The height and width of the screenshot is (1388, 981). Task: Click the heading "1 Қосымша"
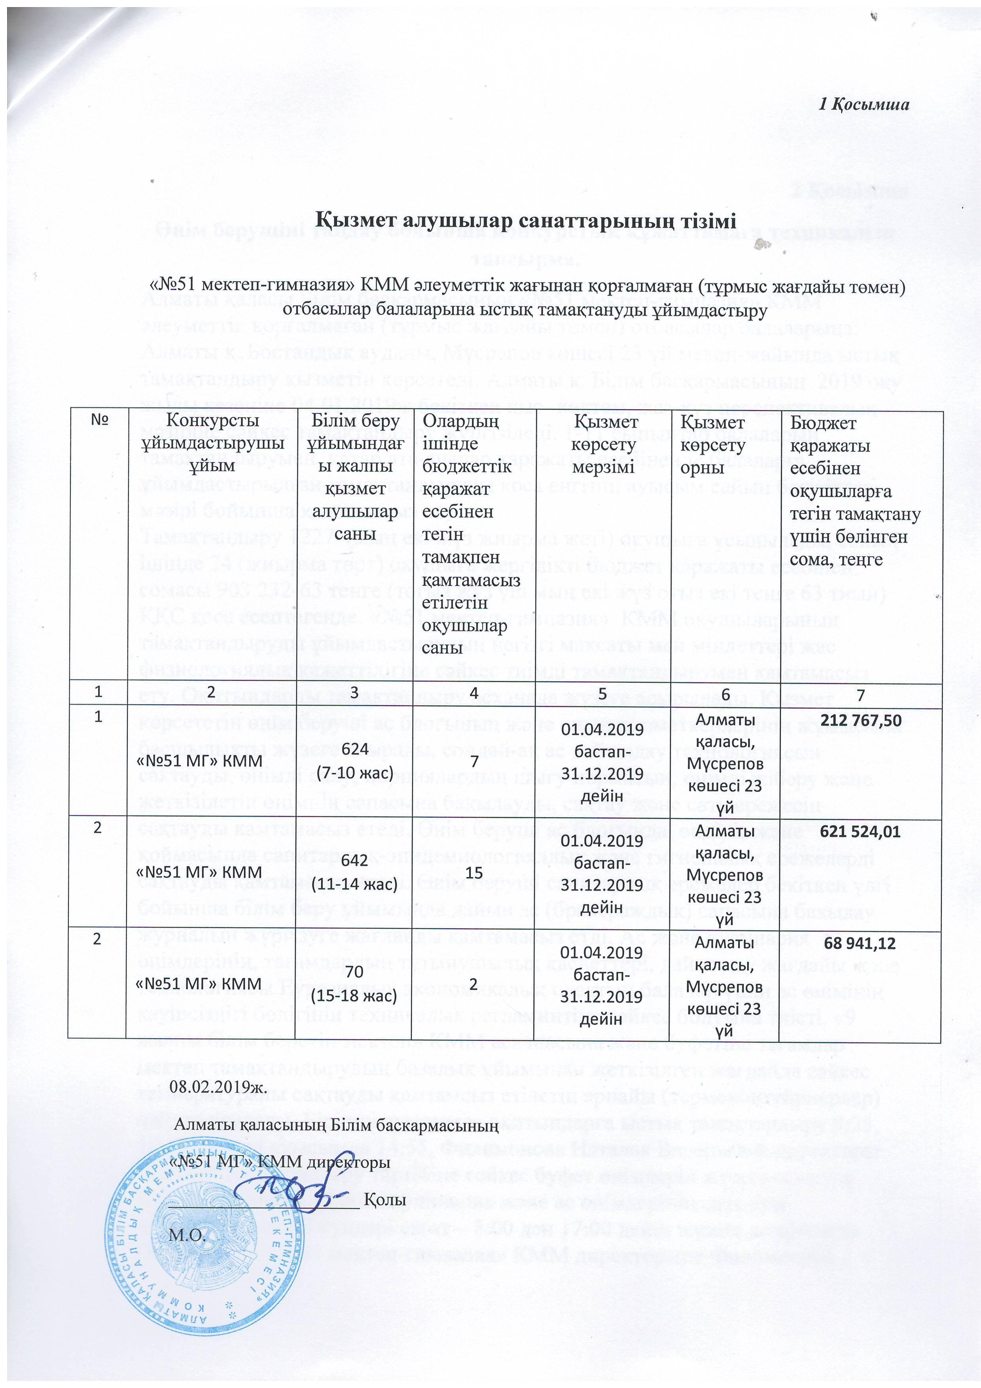864,104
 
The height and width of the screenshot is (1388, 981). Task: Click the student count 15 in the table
474,872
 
